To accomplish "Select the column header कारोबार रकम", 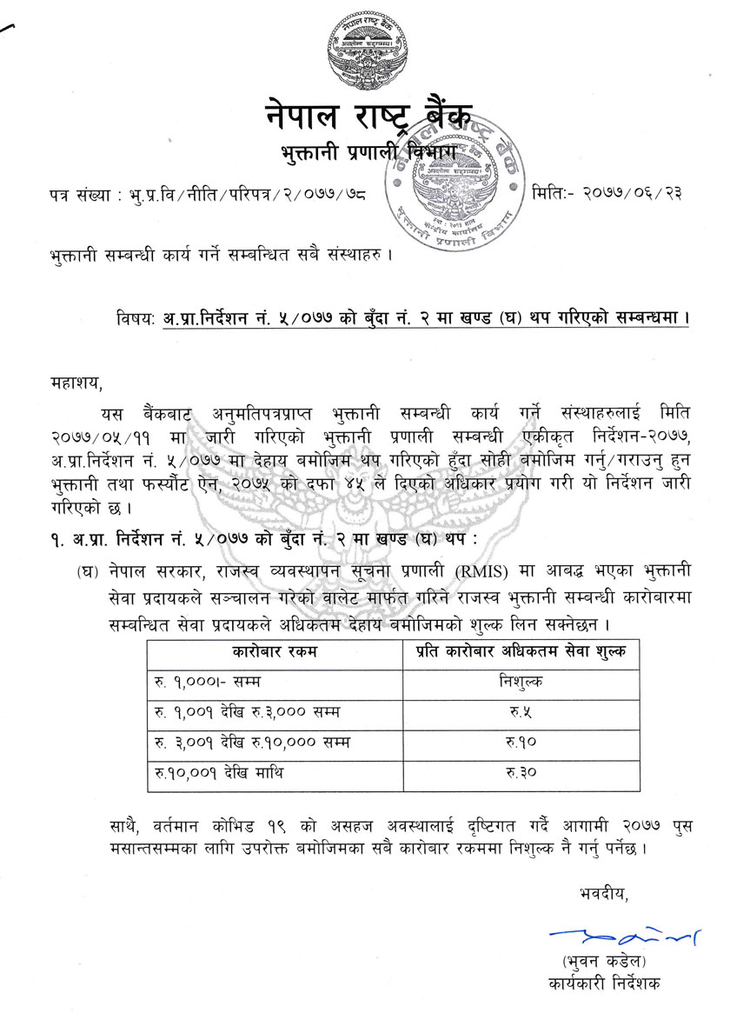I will [275, 651].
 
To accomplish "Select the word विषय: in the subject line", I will [136, 318].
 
